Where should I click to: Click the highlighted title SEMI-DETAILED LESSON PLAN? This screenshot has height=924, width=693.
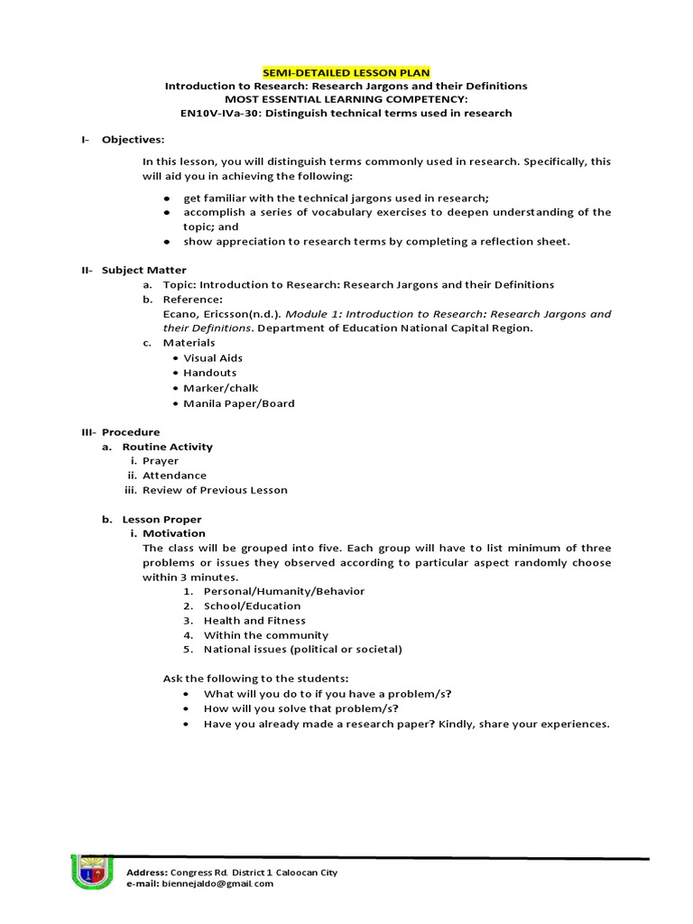[x=346, y=71]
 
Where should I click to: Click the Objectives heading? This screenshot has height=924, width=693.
[x=133, y=140]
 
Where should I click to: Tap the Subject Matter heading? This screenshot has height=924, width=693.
[x=143, y=270]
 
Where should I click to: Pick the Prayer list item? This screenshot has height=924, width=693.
[x=161, y=461]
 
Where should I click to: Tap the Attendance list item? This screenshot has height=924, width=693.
[x=174, y=476]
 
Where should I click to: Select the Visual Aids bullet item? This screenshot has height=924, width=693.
[x=213, y=358]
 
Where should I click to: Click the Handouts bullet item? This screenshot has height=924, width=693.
[x=209, y=373]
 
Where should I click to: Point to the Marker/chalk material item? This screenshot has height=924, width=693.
[x=220, y=388]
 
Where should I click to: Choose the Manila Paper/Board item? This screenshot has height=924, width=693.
[x=238, y=403]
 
